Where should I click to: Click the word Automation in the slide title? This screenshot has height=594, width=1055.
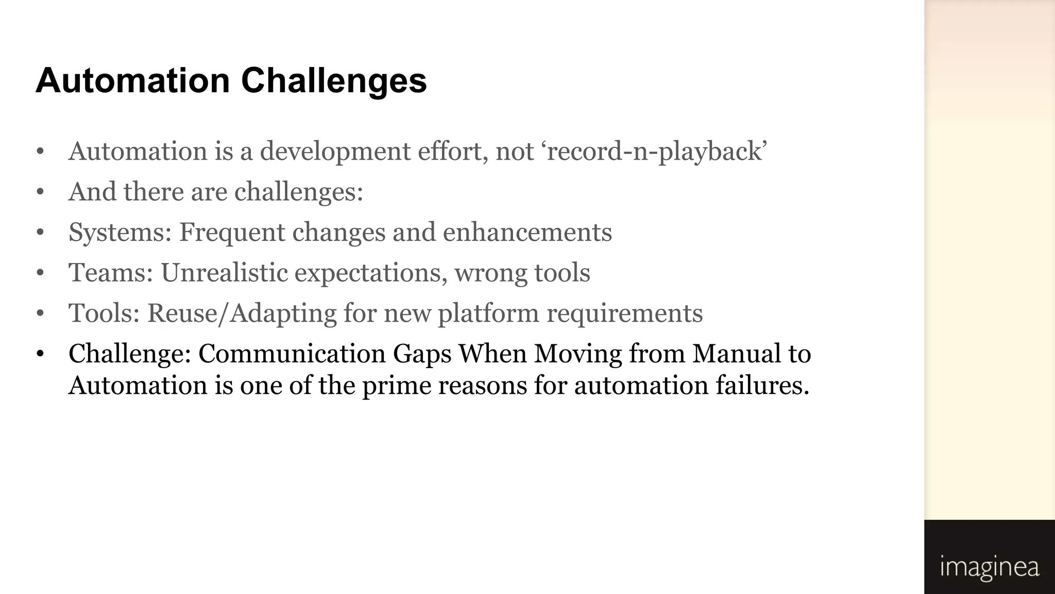pyautogui.click(x=133, y=81)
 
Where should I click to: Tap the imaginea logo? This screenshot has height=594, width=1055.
pyautogui.click(x=989, y=567)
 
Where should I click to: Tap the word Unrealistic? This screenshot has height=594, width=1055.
pyautogui.click(x=224, y=273)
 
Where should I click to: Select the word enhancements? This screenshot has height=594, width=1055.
pyautogui.click(x=527, y=233)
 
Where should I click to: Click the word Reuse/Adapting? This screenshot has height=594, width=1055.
pyautogui.click(x=242, y=313)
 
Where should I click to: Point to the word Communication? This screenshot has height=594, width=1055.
pyautogui.click(x=292, y=354)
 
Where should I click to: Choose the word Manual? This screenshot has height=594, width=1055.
pyautogui.click(x=737, y=354)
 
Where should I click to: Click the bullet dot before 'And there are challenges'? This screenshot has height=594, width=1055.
pyautogui.click(x=40, y=192)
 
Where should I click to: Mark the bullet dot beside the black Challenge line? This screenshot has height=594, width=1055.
pyautogui.click(x=40, y=354)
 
